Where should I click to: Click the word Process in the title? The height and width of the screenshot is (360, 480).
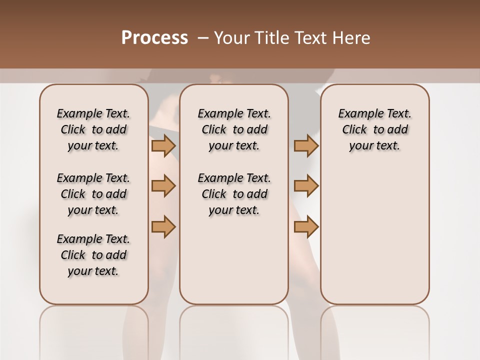154,38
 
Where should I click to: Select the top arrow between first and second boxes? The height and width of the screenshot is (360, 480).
163,145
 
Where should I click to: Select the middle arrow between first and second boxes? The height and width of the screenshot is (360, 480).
163,186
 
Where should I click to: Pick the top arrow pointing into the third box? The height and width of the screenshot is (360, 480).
306,145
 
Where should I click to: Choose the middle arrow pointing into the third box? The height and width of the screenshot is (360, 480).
306,186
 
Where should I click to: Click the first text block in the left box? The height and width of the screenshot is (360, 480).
93,129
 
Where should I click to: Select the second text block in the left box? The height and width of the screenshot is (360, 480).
93,194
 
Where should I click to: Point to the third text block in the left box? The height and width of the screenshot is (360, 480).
93,255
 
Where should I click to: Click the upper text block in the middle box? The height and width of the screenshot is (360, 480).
234,129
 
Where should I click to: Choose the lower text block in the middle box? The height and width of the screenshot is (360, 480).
234,194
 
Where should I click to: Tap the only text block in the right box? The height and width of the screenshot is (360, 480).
374,129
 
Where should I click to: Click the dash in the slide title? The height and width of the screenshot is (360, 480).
203,38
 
